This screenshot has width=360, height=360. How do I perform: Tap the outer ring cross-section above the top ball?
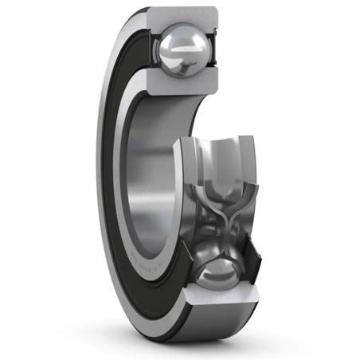coord(183,17)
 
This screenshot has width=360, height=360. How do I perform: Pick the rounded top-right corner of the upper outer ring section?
coord(215,14)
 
